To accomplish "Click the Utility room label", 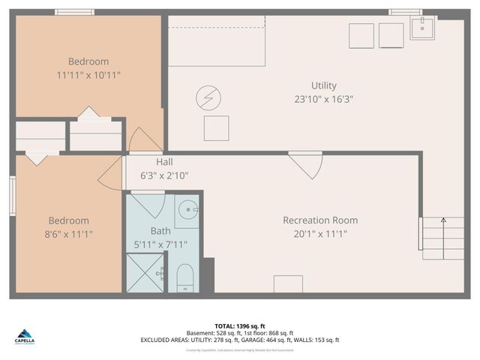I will tap(324, 85).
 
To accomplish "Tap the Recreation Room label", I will tap(320, 220).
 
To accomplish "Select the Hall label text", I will tap(165, 162).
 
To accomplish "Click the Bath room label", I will tap(160, 232).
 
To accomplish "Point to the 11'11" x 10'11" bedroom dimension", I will tap(88, 75).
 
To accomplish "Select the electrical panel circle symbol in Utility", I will tap(208, 97).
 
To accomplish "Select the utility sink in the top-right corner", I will tap(424, 29).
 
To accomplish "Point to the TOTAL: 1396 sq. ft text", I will tap(239, 325).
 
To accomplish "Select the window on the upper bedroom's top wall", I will tap(75, 12).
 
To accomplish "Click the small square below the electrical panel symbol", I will tap(217, 128).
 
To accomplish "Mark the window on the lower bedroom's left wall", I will tap(12, 196).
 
